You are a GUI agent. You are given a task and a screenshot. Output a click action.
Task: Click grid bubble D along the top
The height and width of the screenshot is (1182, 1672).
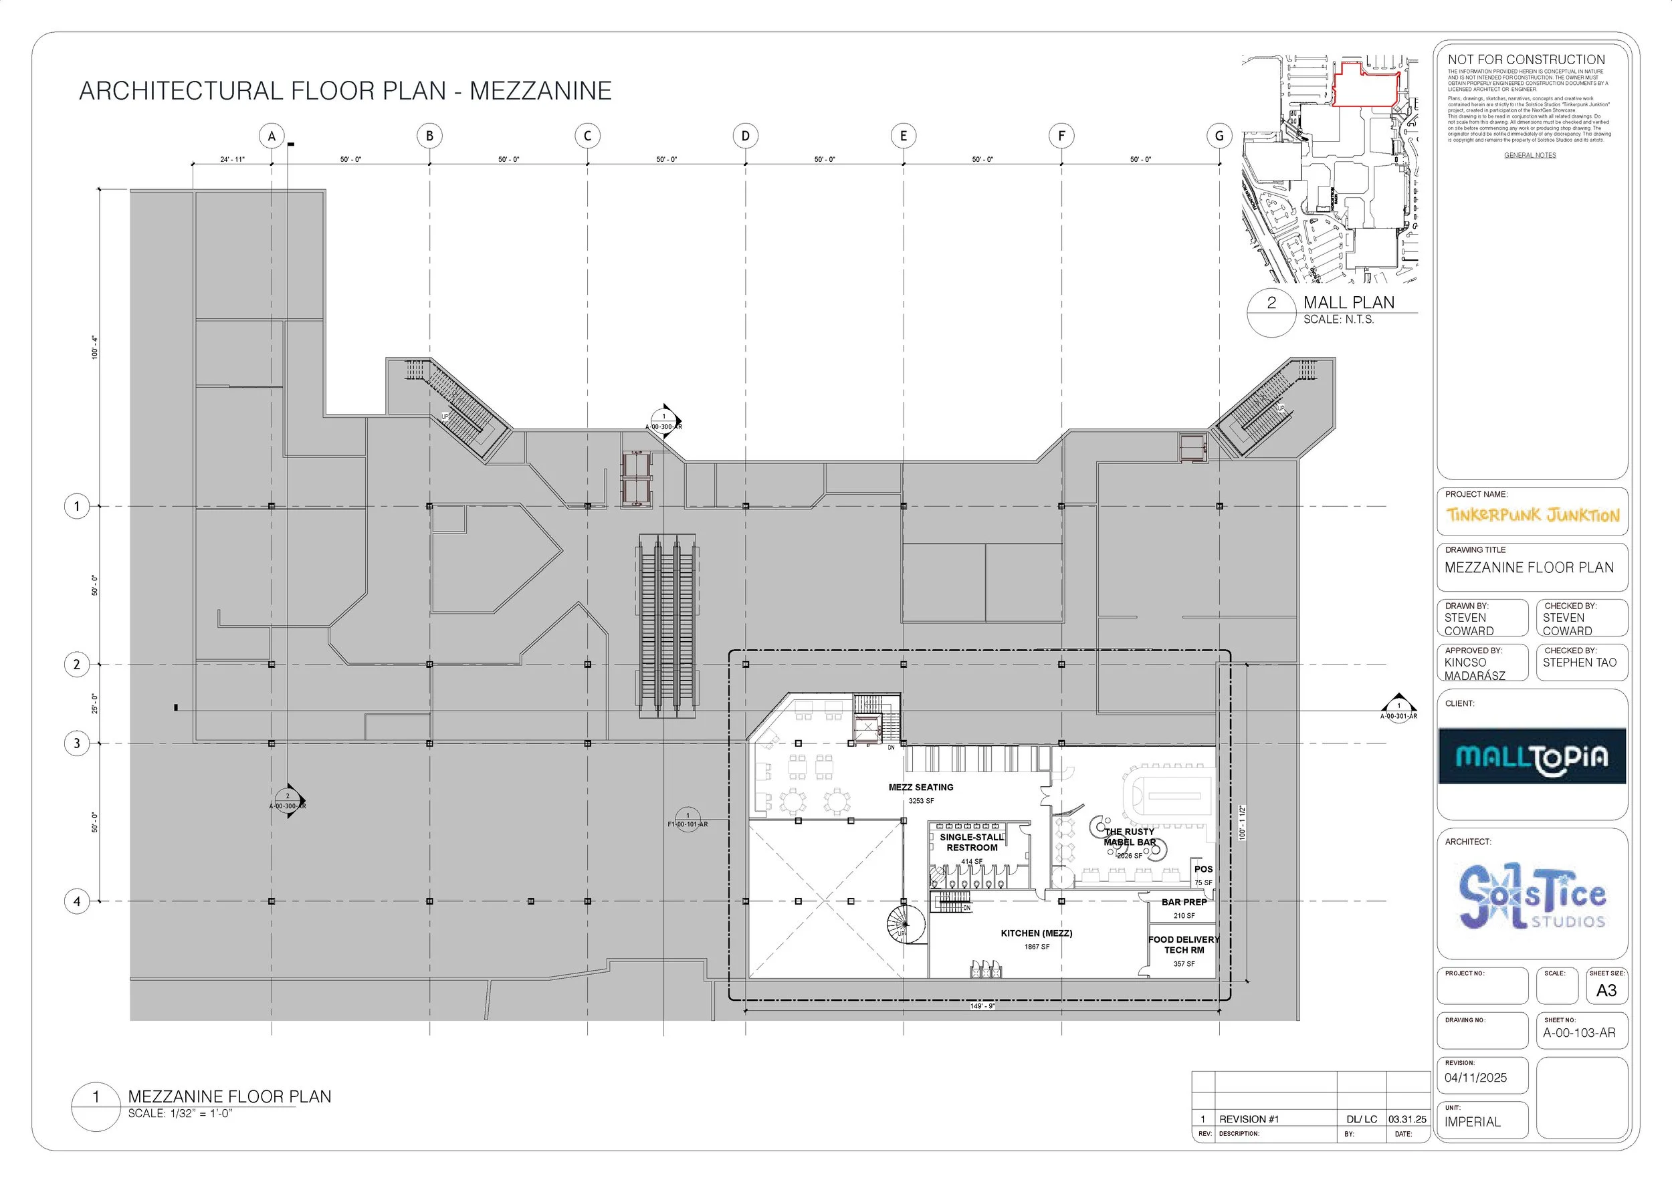[x=745, y=136]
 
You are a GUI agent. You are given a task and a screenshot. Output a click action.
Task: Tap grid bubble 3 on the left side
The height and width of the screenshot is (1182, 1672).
[x=77, y=743]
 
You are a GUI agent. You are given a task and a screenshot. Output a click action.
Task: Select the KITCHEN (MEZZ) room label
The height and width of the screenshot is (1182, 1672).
[x=1036, y=933]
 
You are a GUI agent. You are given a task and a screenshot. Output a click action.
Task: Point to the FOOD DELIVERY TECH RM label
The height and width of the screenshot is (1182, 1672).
[x=1183, y=945]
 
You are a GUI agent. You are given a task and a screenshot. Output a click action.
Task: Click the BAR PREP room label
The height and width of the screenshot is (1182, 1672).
[x=1184, y=902]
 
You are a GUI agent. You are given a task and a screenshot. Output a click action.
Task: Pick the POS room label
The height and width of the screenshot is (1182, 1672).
[x=1203, y=869]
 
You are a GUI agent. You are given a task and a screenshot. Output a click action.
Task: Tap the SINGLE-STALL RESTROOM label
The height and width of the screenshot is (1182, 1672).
[x=972, y=843]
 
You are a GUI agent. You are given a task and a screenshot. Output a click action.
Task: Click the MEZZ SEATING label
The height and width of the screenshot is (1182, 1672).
[x=920, y=788]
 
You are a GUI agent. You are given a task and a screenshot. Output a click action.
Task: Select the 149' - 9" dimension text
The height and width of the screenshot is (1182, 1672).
[x=982, y=1006]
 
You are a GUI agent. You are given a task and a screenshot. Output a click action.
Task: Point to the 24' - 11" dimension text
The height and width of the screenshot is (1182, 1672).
[x=232, y=159]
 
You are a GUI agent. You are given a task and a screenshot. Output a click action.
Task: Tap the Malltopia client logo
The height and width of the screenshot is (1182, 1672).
[x=1532, y=756]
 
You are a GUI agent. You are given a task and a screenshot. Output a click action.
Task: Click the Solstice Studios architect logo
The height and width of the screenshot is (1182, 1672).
[x=1532, y=897]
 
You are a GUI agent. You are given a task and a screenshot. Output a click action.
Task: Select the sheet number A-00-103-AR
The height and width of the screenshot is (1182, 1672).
[x=1579, y=1033]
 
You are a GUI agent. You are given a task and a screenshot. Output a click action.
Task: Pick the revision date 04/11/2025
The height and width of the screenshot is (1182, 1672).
[x=1476, y=1078]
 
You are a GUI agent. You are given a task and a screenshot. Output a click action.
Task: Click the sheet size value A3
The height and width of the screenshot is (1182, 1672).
[x=1606, y=991]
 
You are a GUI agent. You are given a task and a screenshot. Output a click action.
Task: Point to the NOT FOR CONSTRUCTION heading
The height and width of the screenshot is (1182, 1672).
[x=1526, y=60]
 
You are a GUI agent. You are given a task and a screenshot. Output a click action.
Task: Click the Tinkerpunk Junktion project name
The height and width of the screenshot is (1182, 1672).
[x=1532, y=515]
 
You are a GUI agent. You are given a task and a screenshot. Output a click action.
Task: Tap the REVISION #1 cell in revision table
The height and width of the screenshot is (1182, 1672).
[x=1249, y=1119]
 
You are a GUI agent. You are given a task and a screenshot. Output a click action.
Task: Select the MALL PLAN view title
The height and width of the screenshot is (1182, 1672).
[x=1349, y=303]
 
